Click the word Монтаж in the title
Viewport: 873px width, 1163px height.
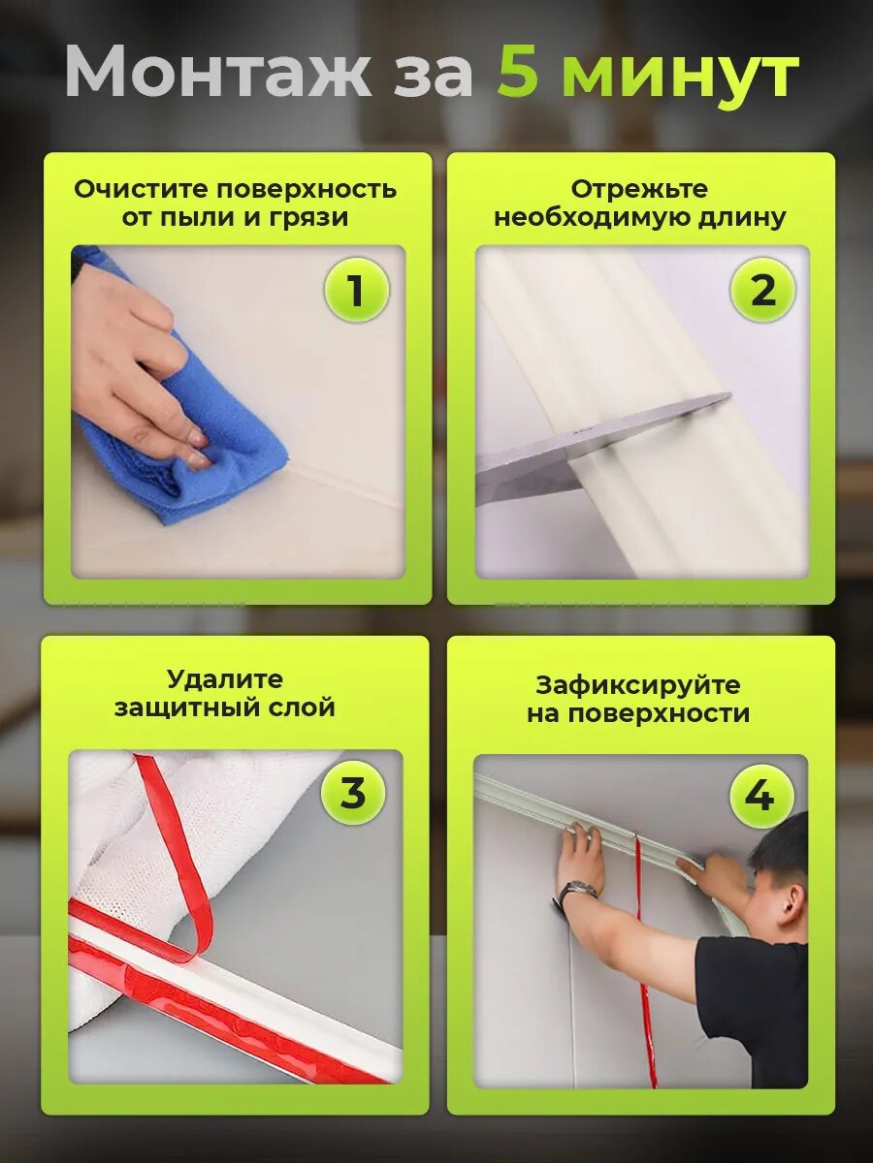coord(218,72)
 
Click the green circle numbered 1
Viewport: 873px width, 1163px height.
coord(356,290)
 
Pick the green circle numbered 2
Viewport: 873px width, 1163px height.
coord(762,290)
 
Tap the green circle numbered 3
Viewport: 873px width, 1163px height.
coord(353,793)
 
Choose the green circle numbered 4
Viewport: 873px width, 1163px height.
coord(761,797)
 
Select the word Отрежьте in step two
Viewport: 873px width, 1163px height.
coord(639,190)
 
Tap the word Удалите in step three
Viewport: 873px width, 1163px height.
coord(225,679)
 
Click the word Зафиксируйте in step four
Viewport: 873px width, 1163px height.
coord(637,685)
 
